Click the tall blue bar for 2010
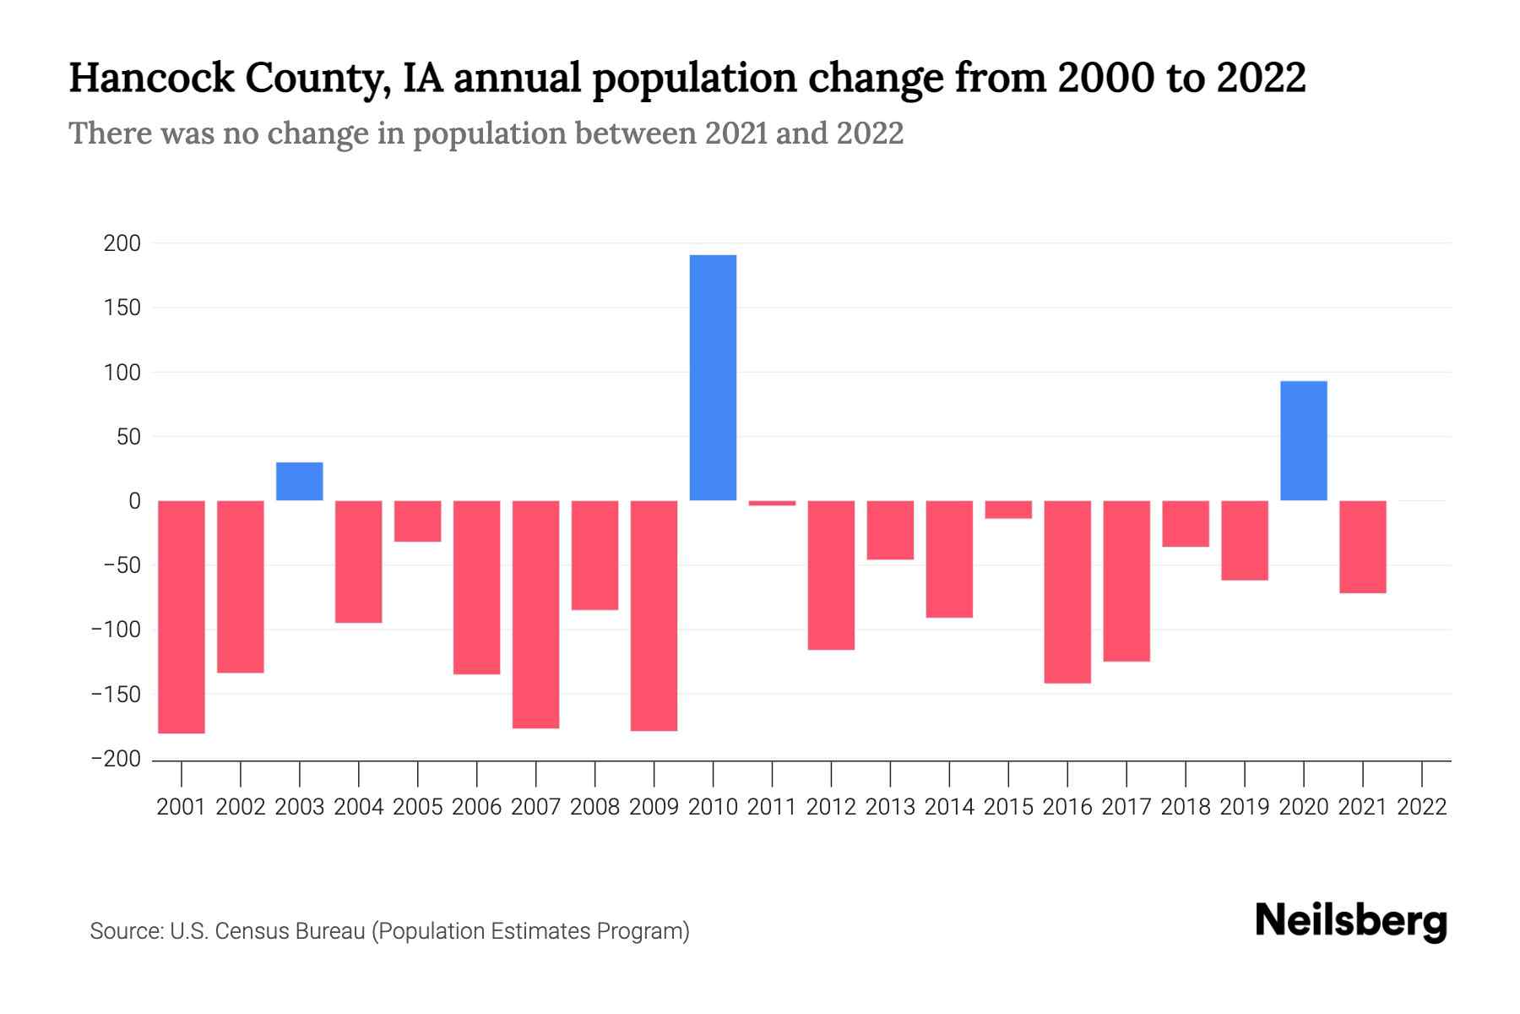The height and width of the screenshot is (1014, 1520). (713, 378)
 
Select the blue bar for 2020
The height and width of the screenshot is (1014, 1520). (1303, 440)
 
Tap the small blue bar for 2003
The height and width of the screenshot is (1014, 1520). (300, 481)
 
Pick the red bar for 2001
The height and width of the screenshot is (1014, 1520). (182, 617)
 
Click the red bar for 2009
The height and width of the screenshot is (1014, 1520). (654, 615)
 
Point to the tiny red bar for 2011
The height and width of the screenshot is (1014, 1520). (772, 504)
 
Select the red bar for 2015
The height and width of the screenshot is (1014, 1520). (1008, 510)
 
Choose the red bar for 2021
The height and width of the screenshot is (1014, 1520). (1362, 547)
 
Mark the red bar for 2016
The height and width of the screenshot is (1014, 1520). (1067, 591)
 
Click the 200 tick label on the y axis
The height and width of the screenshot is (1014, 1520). (122, 244)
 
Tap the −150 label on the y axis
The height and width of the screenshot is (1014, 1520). (116, 695)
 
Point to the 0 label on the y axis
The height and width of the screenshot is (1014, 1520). (134, 501)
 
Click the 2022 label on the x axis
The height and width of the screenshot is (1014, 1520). (1422, 807)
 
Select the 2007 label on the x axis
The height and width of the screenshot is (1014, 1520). (535, 807)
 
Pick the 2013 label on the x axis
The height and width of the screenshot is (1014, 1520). (890, 807)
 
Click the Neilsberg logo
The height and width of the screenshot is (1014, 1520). (1351, 921)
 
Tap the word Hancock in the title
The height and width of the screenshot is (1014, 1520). (151, 78)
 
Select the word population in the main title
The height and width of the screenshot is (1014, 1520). (693, 78)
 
